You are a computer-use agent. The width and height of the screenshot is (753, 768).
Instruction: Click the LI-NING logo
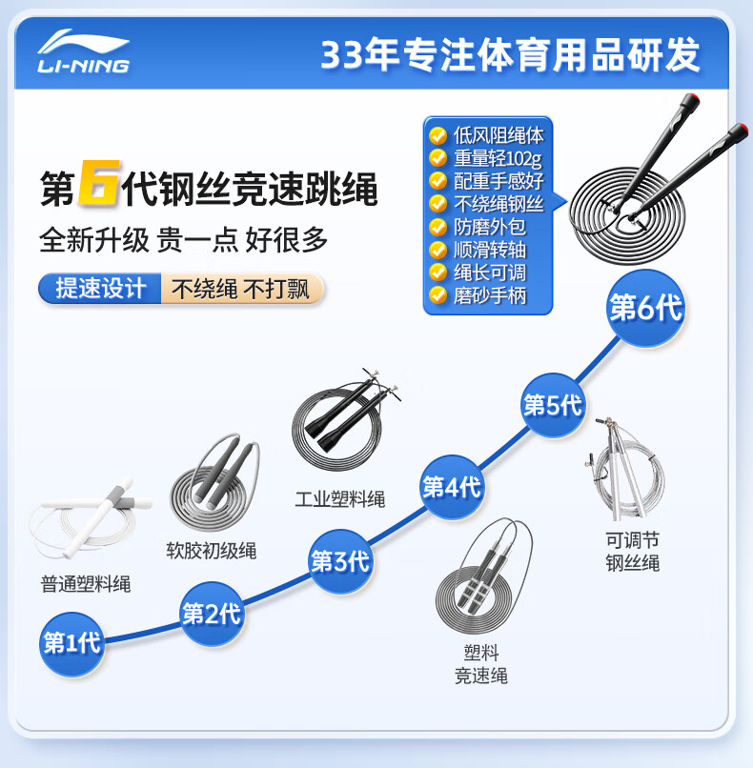(x=84, y=51)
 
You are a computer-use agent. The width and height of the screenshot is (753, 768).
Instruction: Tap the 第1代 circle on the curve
(x=72, y=643)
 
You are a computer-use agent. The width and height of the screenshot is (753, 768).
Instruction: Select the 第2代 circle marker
(x=212, y=614)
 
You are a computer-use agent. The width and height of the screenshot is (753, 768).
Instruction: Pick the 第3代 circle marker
(x=340, y=561)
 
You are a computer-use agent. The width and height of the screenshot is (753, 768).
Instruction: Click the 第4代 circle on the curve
(x=452, y=487)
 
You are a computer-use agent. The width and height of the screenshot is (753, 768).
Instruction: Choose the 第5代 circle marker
(x=553, y=405)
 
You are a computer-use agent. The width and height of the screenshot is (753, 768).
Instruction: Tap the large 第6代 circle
(x=645, y=308)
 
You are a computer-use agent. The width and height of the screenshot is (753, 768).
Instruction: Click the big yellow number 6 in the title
(x=99, y=183)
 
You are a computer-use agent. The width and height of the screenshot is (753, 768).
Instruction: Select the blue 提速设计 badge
(x=100, y=288)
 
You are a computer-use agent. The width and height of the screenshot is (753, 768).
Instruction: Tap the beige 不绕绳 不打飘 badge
(x=242, y=288)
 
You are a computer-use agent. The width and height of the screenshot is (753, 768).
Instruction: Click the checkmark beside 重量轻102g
(x=438, y=158)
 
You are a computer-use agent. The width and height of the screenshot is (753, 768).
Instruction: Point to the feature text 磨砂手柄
(x=489, y=295)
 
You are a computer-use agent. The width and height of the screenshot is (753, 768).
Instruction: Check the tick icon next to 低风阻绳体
(x=438, y=135)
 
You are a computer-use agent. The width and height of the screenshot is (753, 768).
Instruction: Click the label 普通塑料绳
(x=86, y=584)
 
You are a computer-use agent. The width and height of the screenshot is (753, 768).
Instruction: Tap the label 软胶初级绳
(x=212, y=551)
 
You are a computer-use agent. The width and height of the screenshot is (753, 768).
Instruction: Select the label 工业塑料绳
(x=340, y=499)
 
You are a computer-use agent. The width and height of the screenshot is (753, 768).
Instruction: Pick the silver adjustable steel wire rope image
(x=625, y=469)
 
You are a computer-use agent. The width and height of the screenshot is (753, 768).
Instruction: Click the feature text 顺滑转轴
(x=489, y=250)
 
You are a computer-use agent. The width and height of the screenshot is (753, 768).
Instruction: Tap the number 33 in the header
(x=342, y=54)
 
